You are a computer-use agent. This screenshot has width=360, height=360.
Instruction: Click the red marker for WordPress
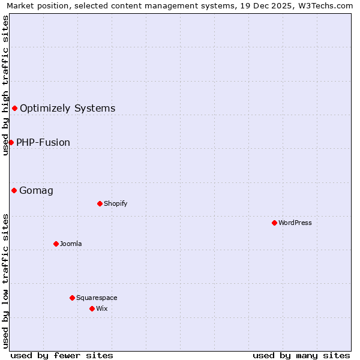274,223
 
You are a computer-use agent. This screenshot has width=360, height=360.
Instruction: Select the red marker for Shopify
100,203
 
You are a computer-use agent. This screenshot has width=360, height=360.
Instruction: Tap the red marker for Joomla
56,244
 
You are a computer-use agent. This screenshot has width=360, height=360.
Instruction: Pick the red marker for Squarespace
72,298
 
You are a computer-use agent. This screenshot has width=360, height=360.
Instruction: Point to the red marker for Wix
92,308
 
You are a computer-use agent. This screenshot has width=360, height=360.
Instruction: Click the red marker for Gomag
14,190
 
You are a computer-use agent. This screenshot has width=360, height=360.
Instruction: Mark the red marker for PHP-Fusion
11,142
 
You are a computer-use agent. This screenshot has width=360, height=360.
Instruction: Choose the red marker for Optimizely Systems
14,108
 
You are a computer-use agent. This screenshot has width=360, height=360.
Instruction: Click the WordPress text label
295,223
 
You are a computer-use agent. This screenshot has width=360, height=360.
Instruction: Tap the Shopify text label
116,203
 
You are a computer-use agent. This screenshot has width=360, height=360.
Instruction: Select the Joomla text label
71,244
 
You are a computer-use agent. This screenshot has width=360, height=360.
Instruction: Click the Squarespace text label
97,298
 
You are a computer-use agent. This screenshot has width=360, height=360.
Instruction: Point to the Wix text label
102,308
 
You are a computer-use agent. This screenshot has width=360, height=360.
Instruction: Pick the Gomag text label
36,191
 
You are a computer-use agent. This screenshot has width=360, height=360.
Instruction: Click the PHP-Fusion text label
43,143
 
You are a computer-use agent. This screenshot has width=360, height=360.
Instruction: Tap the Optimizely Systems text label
68,109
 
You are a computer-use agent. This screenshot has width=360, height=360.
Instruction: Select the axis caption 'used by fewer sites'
62,355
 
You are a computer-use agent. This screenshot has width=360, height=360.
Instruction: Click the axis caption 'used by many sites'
301,355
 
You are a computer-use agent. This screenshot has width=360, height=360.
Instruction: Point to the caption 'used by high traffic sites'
5,85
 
